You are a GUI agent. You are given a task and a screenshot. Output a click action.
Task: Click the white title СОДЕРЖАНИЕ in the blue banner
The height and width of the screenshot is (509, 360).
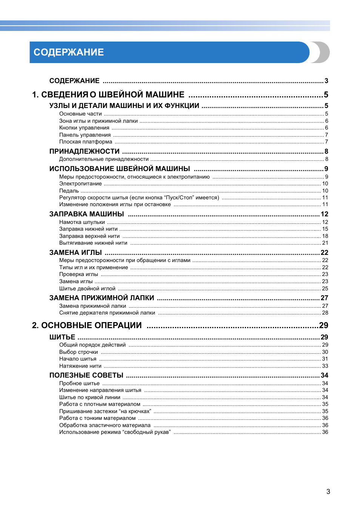coord(69,52)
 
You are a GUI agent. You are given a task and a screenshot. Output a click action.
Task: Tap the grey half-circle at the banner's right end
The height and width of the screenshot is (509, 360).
coord(323,52)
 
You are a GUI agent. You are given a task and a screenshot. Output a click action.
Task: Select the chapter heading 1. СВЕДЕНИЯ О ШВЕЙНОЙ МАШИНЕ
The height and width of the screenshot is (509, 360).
coord(108,94)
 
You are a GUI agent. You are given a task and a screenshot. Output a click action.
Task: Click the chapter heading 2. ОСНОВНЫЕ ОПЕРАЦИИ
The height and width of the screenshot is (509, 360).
coord(87,325)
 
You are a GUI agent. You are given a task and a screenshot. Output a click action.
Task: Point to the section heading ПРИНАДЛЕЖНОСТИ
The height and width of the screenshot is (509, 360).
coord(84,151)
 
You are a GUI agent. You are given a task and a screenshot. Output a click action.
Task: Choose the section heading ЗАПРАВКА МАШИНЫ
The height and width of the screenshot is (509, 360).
coord(86,214)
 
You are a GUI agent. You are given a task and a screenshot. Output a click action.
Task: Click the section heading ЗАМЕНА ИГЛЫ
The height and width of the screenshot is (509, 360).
coord(75,252)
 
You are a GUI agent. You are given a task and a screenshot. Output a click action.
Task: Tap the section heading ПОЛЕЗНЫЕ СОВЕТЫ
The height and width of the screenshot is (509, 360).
coord(86,375)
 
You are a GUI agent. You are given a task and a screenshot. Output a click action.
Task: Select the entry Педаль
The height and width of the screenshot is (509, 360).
coord(69,191)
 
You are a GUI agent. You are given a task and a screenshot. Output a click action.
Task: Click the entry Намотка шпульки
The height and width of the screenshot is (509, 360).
coord(82,222)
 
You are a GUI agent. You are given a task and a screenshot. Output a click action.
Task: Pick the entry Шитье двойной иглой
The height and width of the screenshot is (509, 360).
coord(87,288)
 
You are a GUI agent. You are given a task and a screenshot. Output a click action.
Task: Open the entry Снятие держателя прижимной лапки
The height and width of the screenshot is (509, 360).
coord(107,313)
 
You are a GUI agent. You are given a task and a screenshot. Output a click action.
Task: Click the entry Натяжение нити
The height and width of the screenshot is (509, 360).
coord(80,366)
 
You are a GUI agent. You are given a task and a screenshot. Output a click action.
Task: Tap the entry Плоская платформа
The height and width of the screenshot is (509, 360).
coord(85,142)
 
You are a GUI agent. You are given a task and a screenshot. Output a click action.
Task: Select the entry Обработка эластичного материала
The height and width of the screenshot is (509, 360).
coord(105,425)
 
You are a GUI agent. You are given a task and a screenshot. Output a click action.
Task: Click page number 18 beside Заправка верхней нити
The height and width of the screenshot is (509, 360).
coord(325,236)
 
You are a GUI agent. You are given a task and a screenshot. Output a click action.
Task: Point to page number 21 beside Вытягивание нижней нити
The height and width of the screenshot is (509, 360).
coord(325,243)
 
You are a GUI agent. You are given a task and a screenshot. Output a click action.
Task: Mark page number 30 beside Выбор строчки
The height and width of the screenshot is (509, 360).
coord(325,352)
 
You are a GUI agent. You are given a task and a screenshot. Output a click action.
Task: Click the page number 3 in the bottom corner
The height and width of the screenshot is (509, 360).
coord(328,491)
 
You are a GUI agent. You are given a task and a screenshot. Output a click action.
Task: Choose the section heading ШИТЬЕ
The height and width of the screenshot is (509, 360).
coord(62,337)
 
